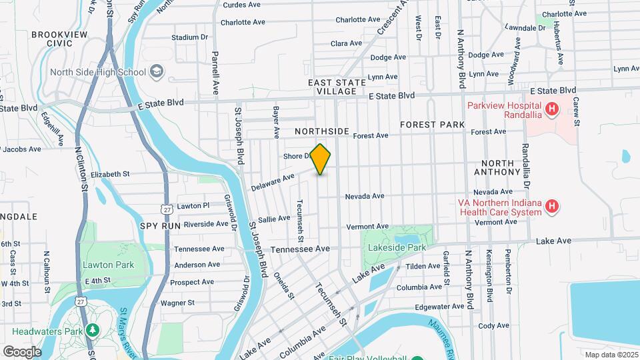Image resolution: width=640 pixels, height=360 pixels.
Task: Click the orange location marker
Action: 321,159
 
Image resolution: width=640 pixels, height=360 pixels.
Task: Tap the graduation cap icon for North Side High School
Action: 157,71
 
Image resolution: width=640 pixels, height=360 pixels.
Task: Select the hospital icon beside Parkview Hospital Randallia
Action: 551,109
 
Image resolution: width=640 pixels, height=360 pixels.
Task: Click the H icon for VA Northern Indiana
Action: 551,207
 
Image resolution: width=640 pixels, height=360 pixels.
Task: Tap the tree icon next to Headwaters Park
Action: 93,330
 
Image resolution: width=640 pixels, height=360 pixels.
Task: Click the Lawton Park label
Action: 108,265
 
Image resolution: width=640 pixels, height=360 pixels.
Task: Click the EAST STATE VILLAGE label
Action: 337,87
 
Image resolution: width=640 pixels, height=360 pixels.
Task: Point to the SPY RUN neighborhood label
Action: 161,226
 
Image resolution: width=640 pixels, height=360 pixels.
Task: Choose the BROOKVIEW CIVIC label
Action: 60,39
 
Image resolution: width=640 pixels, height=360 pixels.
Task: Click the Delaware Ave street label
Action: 273,182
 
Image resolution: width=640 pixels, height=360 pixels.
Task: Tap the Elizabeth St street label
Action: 110,174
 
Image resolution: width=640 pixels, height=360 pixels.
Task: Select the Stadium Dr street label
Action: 190,37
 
